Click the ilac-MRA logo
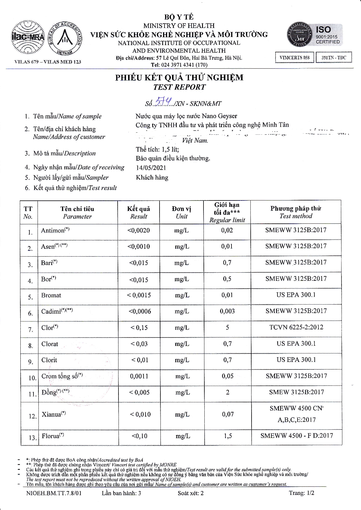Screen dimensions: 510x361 28,37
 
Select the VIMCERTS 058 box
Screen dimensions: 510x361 294,58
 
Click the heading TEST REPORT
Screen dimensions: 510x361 179,87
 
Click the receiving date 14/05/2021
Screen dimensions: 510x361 151,168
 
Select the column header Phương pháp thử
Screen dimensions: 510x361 295,209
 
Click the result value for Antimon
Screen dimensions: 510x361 139,230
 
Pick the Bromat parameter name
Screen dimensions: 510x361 51,295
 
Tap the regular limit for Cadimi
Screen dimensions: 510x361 227,311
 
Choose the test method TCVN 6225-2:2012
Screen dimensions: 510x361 296,327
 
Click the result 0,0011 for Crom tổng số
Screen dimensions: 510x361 139,376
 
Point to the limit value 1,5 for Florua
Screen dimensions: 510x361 228,436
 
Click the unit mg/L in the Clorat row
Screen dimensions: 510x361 182,344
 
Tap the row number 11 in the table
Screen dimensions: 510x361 32,394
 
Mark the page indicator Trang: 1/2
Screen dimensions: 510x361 301,493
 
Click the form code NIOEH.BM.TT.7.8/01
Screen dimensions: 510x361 54,493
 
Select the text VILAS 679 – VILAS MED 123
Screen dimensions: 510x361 48,62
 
